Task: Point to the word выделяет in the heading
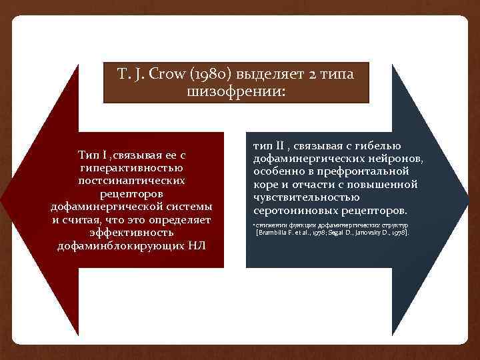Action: tap(276, 73)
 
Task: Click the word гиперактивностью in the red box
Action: tap(136, 168)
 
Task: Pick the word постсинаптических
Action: tap(136, 181)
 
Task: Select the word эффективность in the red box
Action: tap(136, 233)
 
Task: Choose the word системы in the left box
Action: tap(189, 207)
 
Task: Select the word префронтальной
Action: tap(376, 171)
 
